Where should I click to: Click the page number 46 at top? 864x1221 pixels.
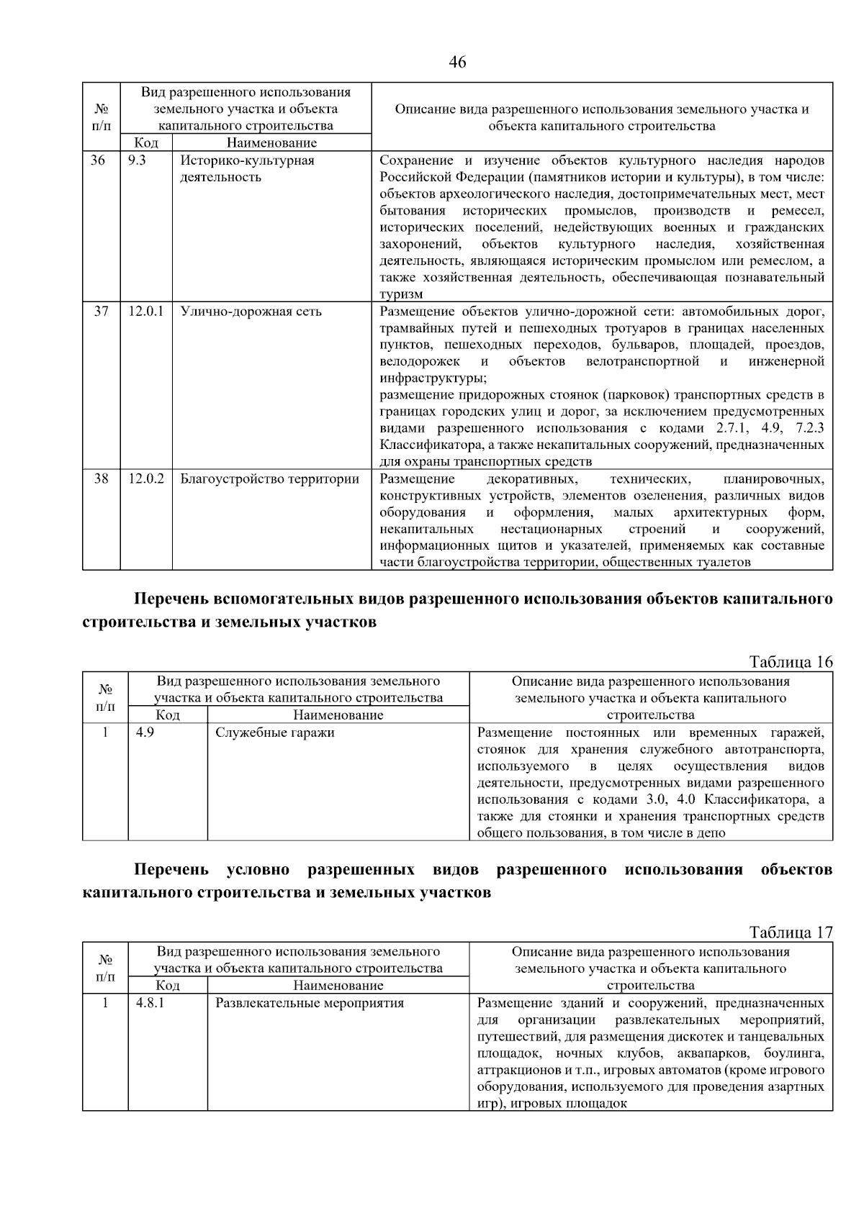pyautogui.click(x=457, y=63)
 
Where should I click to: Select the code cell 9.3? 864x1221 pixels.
pyautogui.click(x=137, y=160)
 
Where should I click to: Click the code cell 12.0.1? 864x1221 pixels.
pyautogui.click(x=146, y=312)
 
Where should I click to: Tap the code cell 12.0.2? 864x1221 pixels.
pyautogui.click(x=146, y=479)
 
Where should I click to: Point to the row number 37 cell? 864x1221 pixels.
pyautogui.click(x=101, y=312)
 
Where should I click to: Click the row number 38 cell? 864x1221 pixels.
pyautogui.click(x=101, y=479)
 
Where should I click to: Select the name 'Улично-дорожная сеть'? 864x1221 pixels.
pyautogui.click(x=251, y=312)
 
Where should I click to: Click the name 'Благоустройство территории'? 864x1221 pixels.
pyautogui.click(x=269, y=479)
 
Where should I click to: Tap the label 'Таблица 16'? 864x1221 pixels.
pyautogui.click(x=791, y=662)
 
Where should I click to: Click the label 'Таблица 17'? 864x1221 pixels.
pyautogui.click(x=791, y=932)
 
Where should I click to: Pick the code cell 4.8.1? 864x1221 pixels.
pyautogui.click(x=150, y=1003)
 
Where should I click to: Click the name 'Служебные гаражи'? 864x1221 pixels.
pyautogui.click(x=274, y=733)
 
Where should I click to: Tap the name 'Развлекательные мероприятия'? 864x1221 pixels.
pyautogui.click(x=310, y=1003)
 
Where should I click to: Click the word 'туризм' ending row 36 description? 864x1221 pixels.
pyautogui.click(x=401, y=294)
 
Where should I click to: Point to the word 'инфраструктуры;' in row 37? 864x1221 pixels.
pyautogui.click(x=433, y=378)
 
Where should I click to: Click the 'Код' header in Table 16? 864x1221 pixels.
pyautogui.click(x=168, y=715)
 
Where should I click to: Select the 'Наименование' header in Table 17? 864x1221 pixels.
pyautogui.click(x=338, y=986)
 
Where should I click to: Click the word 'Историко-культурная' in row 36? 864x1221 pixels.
pyautogui.click(x=247, y=160)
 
